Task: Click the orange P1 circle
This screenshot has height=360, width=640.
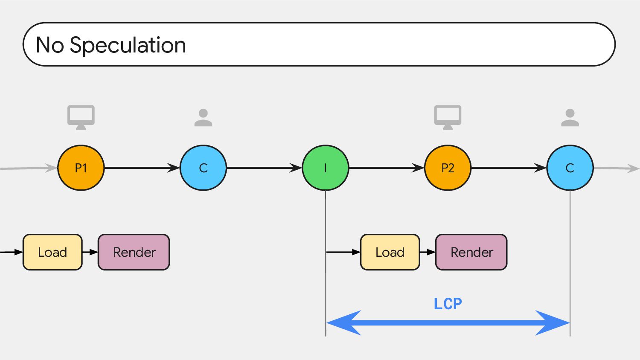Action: point(81,168)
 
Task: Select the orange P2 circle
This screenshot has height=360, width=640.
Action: point(448,168)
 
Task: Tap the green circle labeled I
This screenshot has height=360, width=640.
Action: point(326,168)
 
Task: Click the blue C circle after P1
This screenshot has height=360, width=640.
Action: point(203,168)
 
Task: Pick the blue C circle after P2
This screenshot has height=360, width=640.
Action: point(570,168)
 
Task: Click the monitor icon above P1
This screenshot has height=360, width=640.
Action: point(81,117)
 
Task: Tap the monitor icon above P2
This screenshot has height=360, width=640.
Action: point(448,117)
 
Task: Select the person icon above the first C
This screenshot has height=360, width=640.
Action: point(203,117)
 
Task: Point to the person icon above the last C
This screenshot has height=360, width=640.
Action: point(570,117)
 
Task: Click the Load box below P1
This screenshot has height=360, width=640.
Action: point(52,252)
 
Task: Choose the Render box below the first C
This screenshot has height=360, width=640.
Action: point(134,252)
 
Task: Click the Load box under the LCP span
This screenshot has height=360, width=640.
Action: point(390,252)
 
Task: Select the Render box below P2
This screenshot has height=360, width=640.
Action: point(471,252)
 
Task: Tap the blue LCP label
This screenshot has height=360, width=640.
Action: point(448,304)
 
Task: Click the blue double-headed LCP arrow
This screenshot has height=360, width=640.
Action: point(448,323)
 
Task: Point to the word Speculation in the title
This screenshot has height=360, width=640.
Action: point(128,46)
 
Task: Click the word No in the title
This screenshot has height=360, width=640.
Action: point(50,45)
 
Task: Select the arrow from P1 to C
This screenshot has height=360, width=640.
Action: point(142,168)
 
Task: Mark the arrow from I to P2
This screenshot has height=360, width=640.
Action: point(387,168)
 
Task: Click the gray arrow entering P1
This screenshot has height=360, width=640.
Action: point(29,168)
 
